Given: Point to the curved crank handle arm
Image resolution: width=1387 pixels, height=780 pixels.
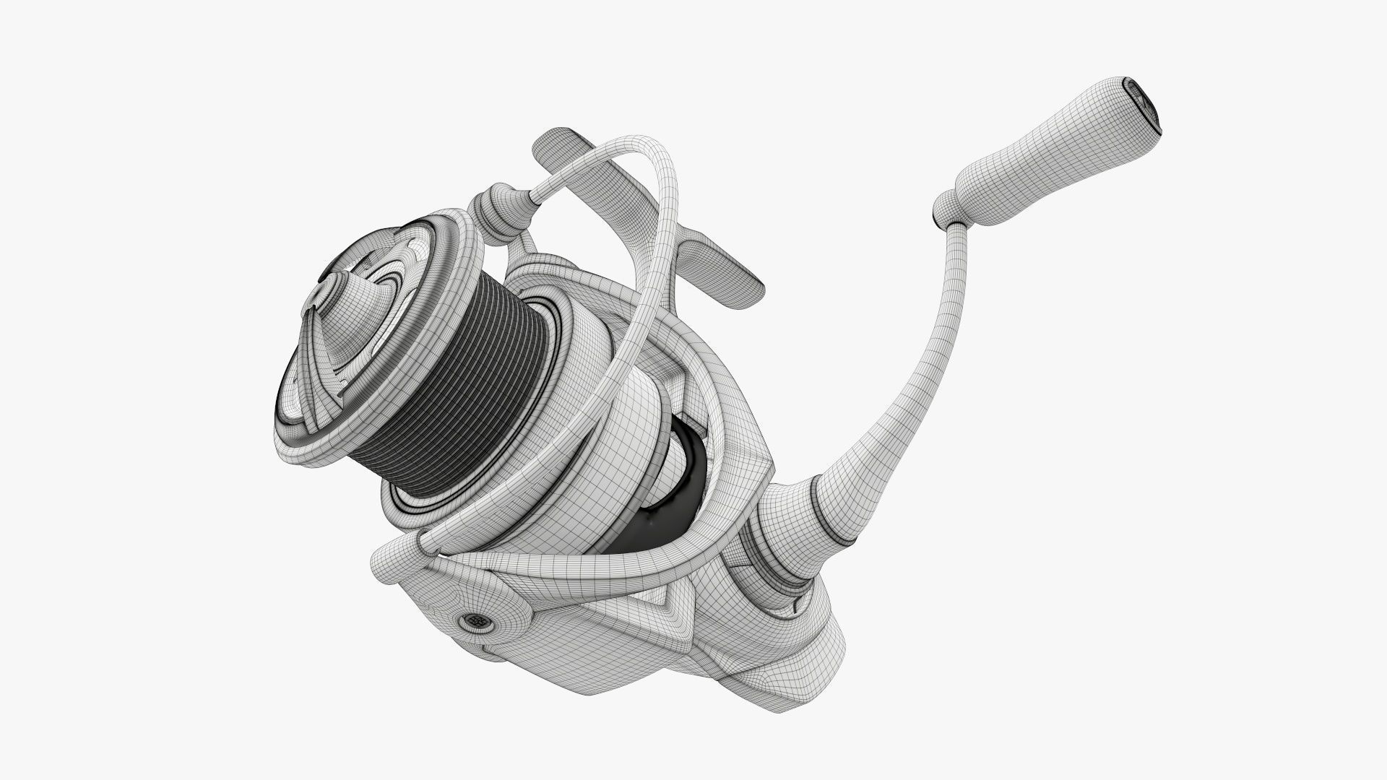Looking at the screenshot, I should click(932, 347).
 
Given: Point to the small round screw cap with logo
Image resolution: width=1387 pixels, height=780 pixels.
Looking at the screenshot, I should click(476, 620).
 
